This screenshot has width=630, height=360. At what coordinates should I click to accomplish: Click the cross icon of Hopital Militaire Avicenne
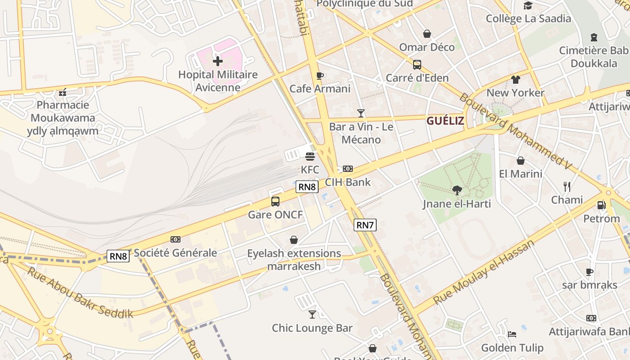coord(218,61)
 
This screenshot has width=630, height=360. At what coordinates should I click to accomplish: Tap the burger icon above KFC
coord(310,157)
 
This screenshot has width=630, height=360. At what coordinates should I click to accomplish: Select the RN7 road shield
coord(364,225)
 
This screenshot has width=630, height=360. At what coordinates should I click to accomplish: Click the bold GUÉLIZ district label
coord(445,121)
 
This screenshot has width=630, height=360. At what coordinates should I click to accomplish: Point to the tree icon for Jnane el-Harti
coord(457,190)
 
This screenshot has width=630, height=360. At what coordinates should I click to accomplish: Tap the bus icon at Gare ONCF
coord(275,202)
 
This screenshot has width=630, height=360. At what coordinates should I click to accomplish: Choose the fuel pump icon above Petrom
coord(601,205)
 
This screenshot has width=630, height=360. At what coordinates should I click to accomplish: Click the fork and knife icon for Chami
coord(567,186)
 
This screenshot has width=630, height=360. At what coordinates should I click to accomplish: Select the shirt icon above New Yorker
coord(516,80)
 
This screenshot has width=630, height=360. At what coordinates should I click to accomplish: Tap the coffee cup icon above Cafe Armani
coord(320,76)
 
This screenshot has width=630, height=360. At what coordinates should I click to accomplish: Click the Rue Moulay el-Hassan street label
coord(483,273)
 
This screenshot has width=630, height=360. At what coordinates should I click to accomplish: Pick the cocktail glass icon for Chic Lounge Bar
coord(312,314)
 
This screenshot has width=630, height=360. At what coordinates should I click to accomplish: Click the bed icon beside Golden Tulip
coord(512,334)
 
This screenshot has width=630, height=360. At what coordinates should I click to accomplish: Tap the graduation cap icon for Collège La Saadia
coord(528,5)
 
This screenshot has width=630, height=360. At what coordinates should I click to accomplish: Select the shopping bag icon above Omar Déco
coord(427,34)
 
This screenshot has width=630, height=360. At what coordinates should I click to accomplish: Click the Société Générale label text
coord(175,253)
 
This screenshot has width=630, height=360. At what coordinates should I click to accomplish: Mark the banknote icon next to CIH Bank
coord(347,169)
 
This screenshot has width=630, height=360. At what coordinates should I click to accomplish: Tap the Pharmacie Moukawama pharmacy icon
coord(63,92)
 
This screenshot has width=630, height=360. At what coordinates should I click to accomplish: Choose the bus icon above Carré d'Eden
coord(417,64)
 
